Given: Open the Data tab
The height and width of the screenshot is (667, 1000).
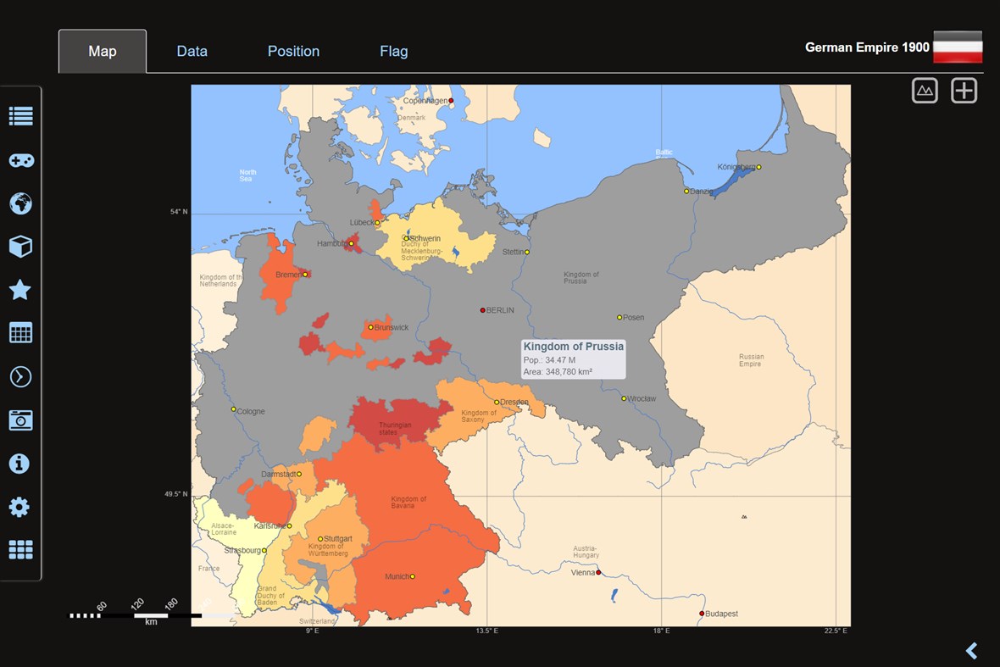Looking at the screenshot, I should click(x=192, y=51).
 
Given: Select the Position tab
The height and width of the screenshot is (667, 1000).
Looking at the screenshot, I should click(x=293, y=51).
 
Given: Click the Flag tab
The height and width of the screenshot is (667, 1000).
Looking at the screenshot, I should click(x=393, y=51).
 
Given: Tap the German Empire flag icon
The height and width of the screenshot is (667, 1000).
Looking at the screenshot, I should click(x=958, y=47).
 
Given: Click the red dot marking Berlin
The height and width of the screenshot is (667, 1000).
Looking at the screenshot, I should click(x=483, y=310).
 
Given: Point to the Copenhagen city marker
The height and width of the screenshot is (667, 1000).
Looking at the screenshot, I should click(x=451, y=101).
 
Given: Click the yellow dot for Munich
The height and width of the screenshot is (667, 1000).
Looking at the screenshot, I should click(x=413, y=576).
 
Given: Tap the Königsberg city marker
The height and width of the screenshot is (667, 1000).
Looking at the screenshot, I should click(x=758, y=167).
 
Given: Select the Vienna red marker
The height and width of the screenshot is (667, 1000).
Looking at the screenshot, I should click(x=598, y=573).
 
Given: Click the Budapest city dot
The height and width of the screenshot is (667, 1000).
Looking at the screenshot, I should click(x=702, y=614).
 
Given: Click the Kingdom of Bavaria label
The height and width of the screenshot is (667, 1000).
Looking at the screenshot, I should click(x=408, y=502).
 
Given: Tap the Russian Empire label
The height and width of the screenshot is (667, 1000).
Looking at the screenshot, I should click(x=751, y=360).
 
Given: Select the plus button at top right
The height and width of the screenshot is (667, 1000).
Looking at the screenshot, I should click(x=964, y=91).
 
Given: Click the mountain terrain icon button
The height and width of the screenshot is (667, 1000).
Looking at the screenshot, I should click(x=925, y=91).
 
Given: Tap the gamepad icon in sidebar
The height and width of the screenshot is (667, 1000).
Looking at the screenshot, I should click(x=20, y=160).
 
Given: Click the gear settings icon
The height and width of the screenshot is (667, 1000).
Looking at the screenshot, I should click(x=19, y=507).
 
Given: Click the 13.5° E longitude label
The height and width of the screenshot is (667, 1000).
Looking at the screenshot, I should click(x=486, y=631).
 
